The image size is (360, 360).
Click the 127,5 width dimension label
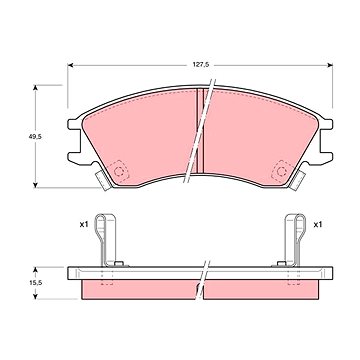[x=201, y=65]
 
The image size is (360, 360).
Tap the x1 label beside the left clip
[x=84, y=225]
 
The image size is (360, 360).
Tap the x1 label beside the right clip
[x=318, y=225]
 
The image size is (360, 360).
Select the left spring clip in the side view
[x=107, y=240]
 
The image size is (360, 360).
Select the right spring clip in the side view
[x=294, y=240]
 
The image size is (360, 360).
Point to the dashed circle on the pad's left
[x=119, y=172]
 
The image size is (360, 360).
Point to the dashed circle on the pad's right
[x=282, y=172]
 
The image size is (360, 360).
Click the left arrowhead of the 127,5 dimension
[x=70, y=65]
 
